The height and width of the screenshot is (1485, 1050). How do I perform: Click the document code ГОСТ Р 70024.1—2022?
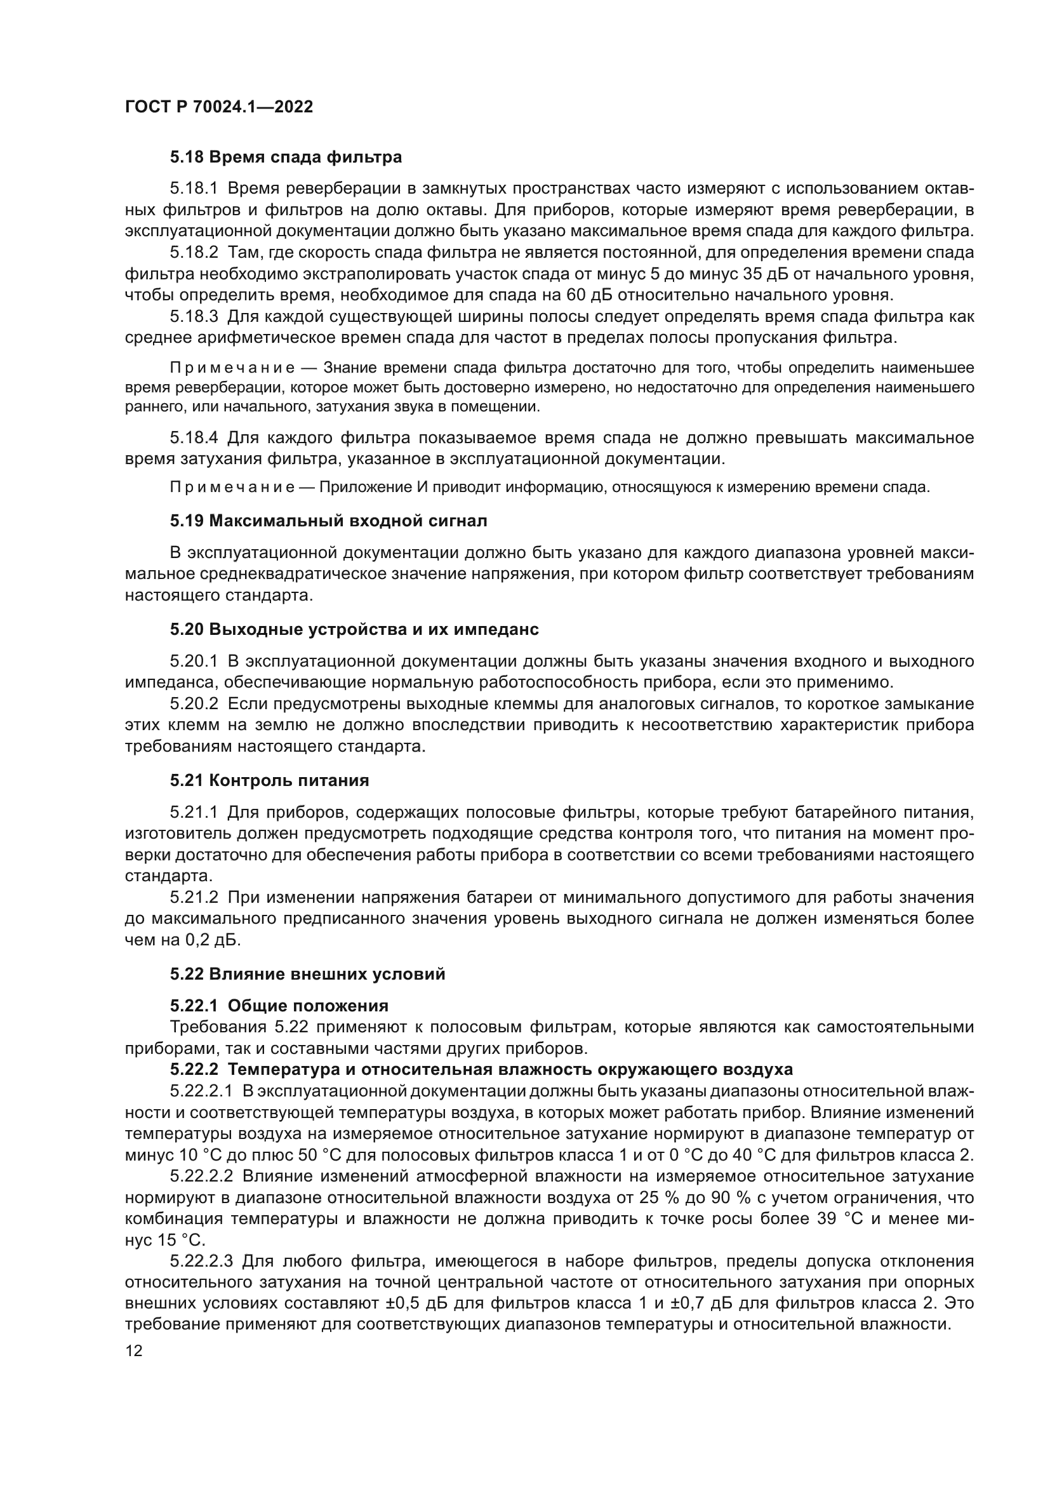tap(218, 107)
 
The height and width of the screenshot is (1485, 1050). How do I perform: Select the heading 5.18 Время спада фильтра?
tap(286, 157)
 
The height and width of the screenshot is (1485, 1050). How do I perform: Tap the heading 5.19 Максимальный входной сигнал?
tap(328, 521)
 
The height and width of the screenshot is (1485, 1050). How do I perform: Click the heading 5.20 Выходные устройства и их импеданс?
tap(354, 629)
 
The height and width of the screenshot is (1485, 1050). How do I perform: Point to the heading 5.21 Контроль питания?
tap(270, 781)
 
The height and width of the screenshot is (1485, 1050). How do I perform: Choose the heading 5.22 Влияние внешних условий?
tap(308, 974)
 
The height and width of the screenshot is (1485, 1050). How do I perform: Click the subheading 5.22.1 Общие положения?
tap(279, 1006)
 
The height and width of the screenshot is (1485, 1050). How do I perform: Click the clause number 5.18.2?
tap(194, 253)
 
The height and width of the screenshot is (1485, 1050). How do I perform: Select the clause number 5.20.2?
tap(194, 703)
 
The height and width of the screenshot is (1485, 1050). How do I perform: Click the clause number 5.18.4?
tap(194, 438)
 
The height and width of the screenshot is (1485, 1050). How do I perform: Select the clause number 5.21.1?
tap(194, 813)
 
